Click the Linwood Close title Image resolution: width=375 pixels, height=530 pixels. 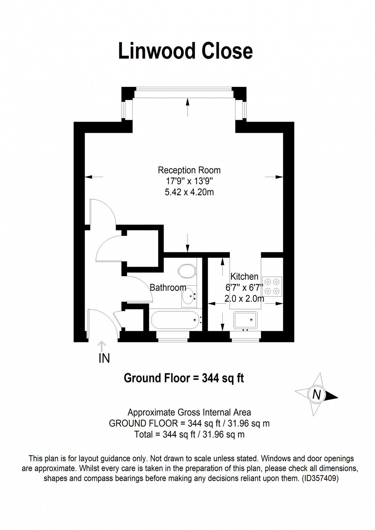point(185,51)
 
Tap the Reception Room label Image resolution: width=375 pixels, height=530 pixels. point(189,170)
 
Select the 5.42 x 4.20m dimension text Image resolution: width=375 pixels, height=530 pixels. point(189,192)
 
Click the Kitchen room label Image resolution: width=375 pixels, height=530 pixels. point(244,276)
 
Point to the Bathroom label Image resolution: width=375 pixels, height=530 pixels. point(168,288)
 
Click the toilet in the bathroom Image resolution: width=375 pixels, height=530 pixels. point(187,271)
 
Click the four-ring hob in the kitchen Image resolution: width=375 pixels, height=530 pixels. point(272,286)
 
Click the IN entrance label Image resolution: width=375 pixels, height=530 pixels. point(104,358)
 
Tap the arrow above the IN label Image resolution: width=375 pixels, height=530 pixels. point(102,346)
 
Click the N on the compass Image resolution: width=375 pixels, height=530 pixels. point(316,395)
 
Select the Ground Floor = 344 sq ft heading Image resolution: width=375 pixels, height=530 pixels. point(184,378)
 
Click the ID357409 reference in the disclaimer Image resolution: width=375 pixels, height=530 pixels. point(320,479)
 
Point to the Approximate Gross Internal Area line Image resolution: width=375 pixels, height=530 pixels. point(189,412)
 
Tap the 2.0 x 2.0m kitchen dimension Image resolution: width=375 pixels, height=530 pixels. point(244,299)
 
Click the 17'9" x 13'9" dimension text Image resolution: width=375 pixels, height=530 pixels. point(189,181)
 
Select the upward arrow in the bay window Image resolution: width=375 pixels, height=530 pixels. point(187,107)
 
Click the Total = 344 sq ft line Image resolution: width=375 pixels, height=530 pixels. point(189,434)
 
